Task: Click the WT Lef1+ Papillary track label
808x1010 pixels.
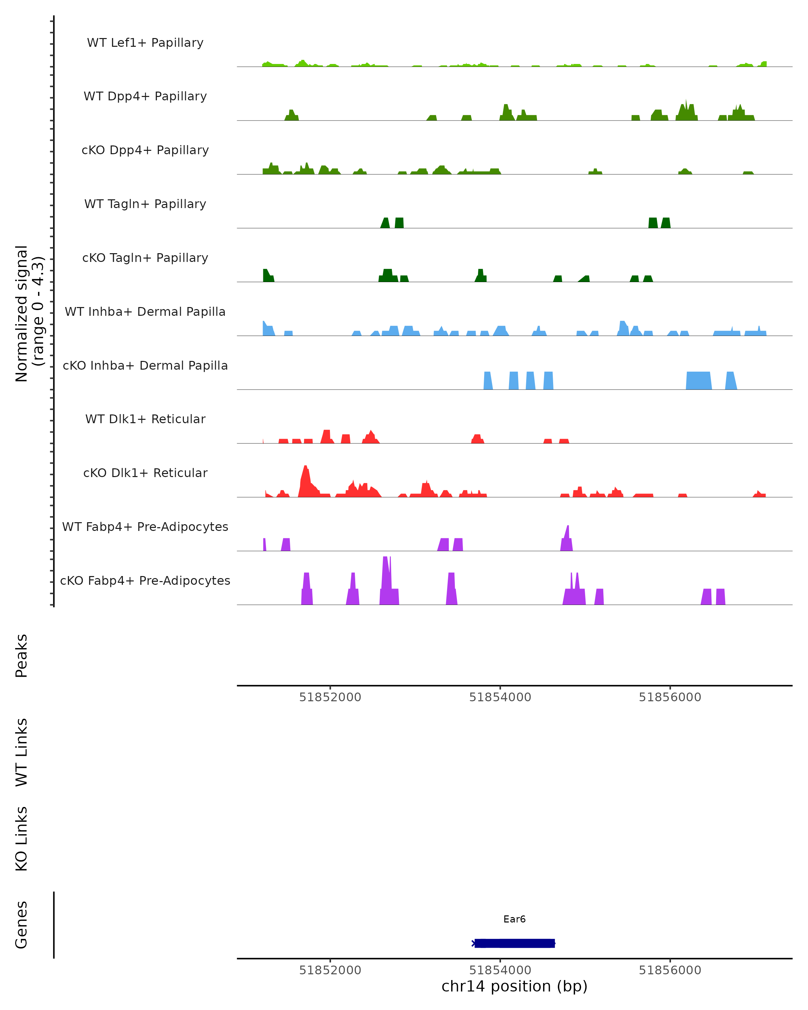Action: click(145, 43)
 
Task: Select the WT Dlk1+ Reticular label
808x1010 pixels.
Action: click(145, 419)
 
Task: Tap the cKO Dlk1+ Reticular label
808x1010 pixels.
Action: click(145, 473)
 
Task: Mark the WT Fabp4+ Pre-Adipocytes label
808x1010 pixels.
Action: click(145, 527)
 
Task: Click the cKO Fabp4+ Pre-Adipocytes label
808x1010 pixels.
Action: click(145, 580)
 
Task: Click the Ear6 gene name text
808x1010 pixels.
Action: click(514, 919)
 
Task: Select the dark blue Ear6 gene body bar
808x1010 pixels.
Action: click(514, 943)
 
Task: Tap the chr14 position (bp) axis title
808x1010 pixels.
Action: click(514, 986)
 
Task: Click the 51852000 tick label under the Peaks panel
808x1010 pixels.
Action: click(330, 697)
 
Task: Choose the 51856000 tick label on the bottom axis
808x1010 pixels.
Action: click(670, 970)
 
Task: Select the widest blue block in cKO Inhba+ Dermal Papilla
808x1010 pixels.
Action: click(698, 380)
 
